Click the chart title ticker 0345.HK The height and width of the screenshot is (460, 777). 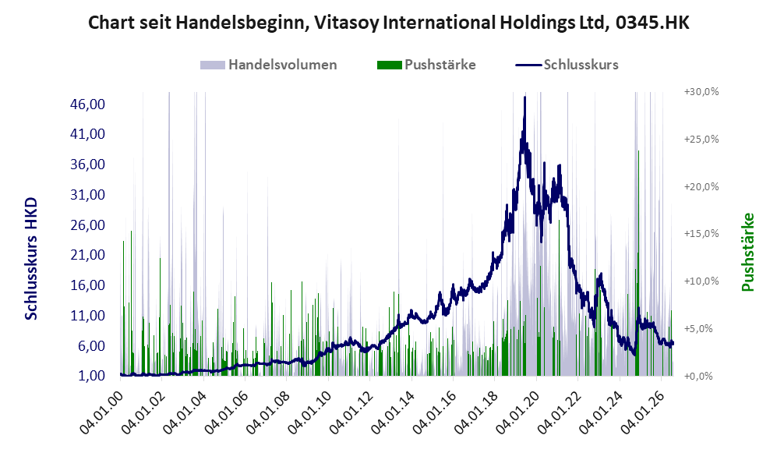652,23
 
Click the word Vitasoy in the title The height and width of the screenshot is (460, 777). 346,23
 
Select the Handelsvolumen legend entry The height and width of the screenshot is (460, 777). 269,65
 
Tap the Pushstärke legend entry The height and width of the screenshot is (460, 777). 426,65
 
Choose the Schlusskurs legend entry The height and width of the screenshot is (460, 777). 567,65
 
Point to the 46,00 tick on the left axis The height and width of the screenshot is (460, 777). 88,104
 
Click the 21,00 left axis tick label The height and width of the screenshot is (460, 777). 88,255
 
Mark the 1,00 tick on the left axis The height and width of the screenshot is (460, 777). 91,376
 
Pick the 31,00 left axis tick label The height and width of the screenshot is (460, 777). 88,194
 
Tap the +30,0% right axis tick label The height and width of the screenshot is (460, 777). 701,92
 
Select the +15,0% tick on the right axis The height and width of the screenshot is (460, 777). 701,233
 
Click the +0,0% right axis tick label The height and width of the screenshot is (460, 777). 698,377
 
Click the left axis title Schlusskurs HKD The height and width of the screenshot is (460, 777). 30,259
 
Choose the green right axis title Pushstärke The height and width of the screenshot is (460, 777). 747,252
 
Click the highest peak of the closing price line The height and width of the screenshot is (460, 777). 524,97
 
